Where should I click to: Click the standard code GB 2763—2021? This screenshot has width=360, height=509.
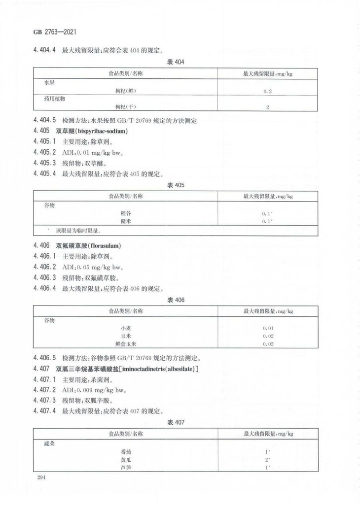(x=54, y=34)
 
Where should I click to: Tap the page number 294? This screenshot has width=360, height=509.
(x=41, y=477)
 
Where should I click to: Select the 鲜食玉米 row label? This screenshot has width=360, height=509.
(x=122, y=344)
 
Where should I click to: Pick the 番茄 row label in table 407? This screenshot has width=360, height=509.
(x=126, y=451)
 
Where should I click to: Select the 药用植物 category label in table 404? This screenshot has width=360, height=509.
(x=55, y=99)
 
